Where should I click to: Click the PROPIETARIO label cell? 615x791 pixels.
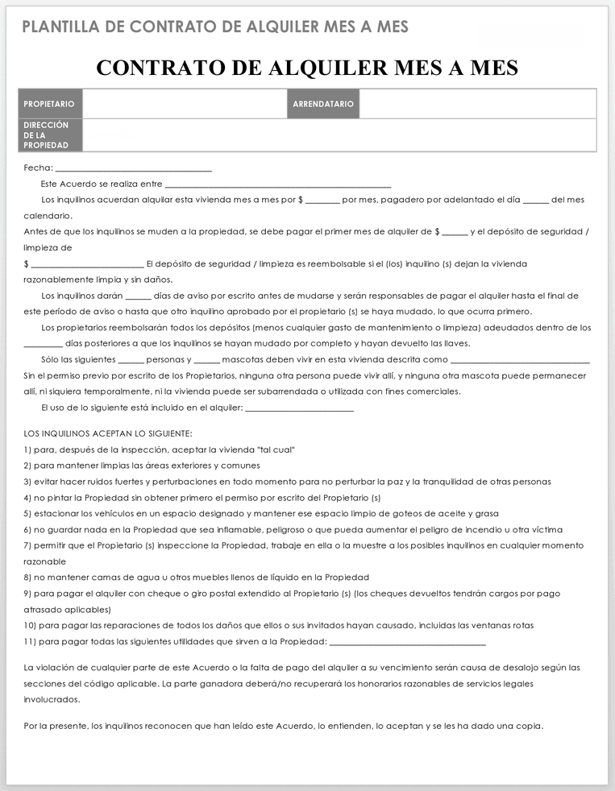tap(50, 104)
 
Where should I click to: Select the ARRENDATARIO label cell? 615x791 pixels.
tap(323, 104)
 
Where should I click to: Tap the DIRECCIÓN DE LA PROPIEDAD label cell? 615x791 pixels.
tap(50, 135)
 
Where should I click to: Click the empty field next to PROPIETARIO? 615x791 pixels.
tap(185, 104)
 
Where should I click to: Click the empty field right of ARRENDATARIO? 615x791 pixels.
tap(477, 104)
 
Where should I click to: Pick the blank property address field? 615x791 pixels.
tap(339, 135)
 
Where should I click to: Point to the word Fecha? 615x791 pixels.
tap(37, 168)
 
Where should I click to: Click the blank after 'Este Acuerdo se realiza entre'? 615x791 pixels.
tap(277, 185)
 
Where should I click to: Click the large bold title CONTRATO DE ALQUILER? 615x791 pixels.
tap(307, 68)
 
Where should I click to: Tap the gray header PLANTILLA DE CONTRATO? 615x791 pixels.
tap(215, 27)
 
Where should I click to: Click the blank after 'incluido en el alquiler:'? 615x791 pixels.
tap(299, 408)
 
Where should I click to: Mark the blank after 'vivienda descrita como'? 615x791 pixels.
tap(520, 361)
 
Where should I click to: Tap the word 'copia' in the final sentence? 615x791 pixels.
tap(527, 726)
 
